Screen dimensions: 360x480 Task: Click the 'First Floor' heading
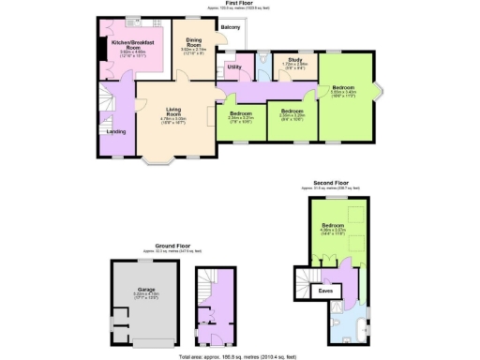click(238, 4)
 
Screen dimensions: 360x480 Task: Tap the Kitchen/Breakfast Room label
click(133, 44)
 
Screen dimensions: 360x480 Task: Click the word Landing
click(116, 131)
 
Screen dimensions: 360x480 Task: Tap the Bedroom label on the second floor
click(334, 226)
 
